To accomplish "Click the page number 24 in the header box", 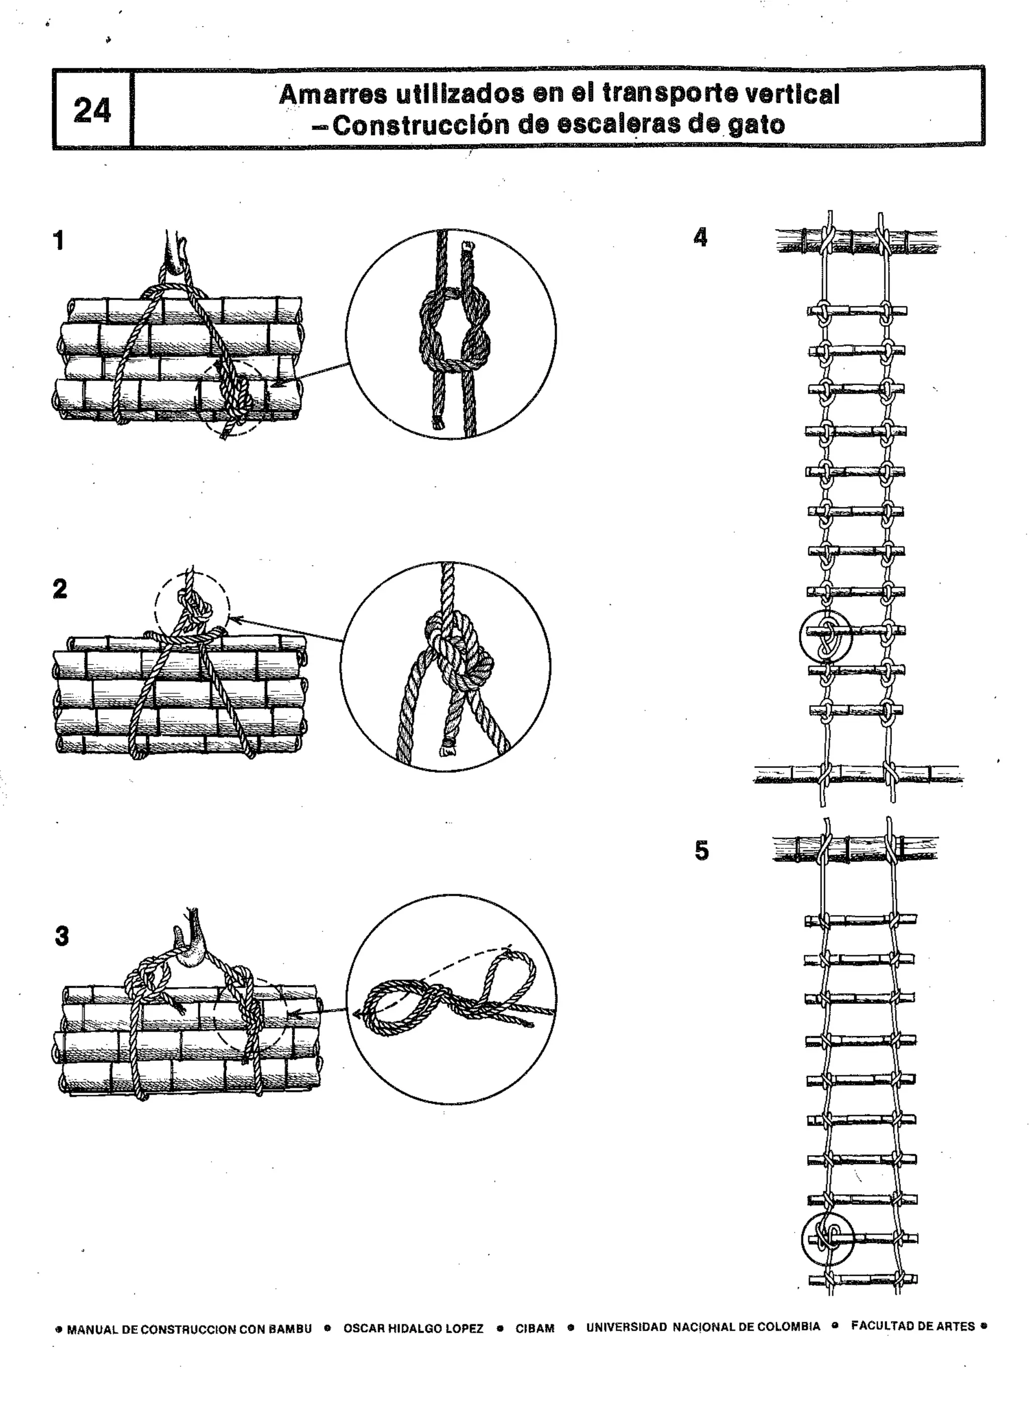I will [92, 111].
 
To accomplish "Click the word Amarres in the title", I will [332, 95].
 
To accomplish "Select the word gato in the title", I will [756, 125].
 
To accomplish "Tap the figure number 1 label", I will [59, 241].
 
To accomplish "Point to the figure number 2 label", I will [60, 589].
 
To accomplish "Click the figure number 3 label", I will [62, 936].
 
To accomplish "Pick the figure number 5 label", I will [702, 851].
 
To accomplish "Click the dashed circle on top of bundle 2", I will [192, 607].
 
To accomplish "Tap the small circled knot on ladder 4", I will [826, 635].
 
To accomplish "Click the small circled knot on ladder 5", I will [828, 1239].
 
